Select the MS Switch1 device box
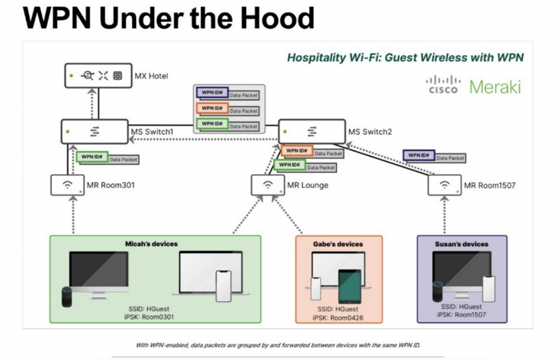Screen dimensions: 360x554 pyautogui.click(x=94, y=131)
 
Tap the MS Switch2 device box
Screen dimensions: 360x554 pyautogui.click(x=312, y=131)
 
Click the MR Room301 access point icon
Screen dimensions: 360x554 pyautogui.click(x=67, y=185)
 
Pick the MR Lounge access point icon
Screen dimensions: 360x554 pyautogui.click(x=267, y=185)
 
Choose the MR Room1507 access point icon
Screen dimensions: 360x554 pyautogui.click(x=444, y=185)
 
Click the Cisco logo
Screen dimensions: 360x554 pyautogui.click(x=443, y=85)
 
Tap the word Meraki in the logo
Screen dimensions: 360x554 pyautogui.click(x=495, y=86)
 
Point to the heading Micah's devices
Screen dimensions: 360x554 pyautogui.click(x=151, y=244)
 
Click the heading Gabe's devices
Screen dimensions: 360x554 pyautogui.click(x=338, y=244)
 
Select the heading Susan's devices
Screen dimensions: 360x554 pyautogui.click(x=461, y=244)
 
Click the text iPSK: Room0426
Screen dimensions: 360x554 pyautogui.click(x=338, y=318)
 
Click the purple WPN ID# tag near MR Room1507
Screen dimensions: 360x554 pyautogui.click(x=419, y=155)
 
